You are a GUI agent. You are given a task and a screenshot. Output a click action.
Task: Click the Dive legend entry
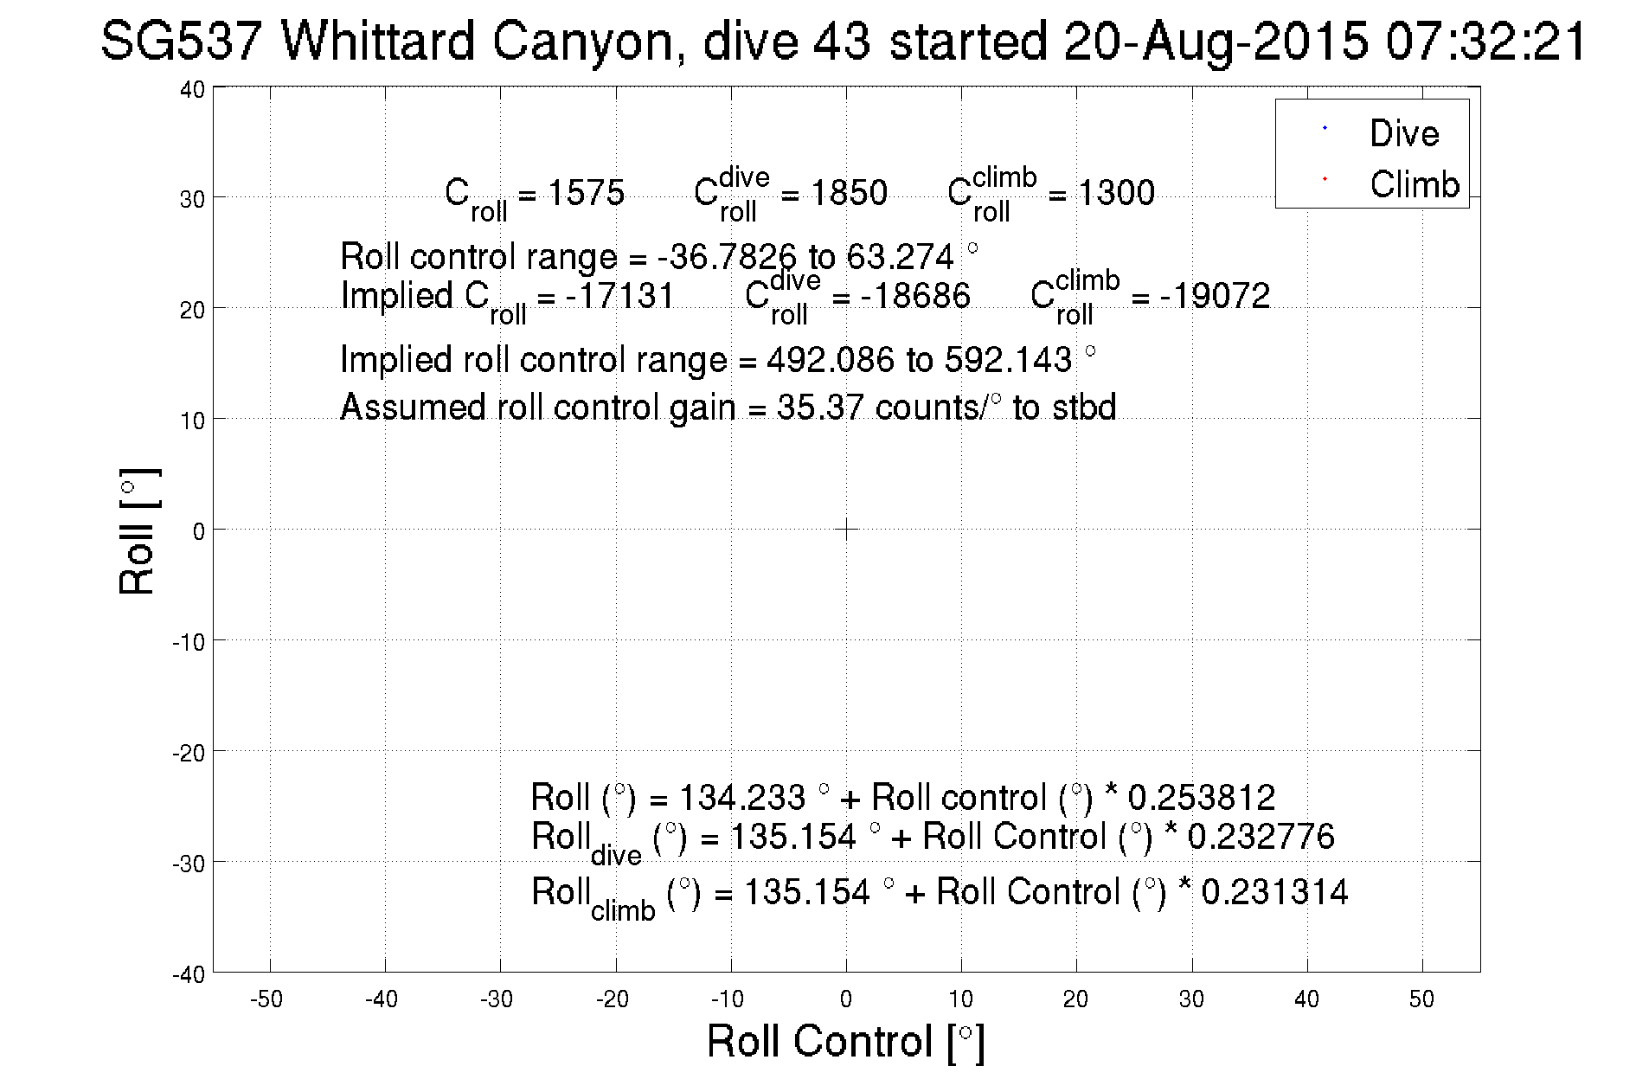pyautogui.click(x=1403, y=133)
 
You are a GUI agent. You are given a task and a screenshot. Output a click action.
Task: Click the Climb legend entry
pyautogui.click(x=1414, y=184)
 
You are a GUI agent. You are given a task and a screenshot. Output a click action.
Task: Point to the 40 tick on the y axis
pyautogui.click(x=193, y=90)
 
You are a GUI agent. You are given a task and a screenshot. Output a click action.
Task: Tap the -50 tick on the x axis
pyautogui.click(x=266, y=999)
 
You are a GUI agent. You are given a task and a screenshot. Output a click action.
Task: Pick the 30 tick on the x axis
pyautogui.click(x=1191, y=999)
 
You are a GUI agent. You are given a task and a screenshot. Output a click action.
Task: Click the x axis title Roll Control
pyautogui.click(x=845, y=1041)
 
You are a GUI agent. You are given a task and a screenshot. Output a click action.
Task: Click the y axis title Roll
pyautogui.click(x=138, y=531)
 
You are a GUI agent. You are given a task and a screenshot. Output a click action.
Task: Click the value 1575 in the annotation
pyautogui.click(x=586, y=192)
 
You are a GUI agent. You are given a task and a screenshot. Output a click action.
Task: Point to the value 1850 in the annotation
pyautogui.click(x=848, y=192)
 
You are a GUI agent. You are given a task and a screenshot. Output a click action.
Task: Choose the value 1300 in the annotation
pyautogui.click(x=1115, y=192)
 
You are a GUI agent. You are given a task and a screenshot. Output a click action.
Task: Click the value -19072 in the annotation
pyautogui.click(x=1215, y=296)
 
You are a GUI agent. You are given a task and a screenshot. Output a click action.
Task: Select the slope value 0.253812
pyautogui.click(x=1202, y=797)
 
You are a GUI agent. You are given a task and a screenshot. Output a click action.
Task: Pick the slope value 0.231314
pyautogui.click(x=1274, y=891)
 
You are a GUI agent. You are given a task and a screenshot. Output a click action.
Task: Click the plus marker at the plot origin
pyautogui.click(x=846, y=529)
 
